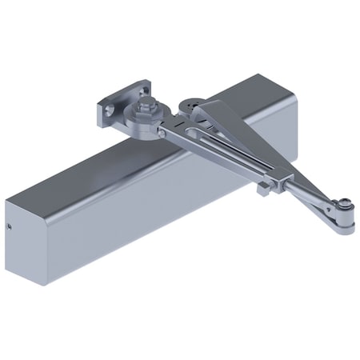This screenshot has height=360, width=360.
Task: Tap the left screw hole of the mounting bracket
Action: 107,106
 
